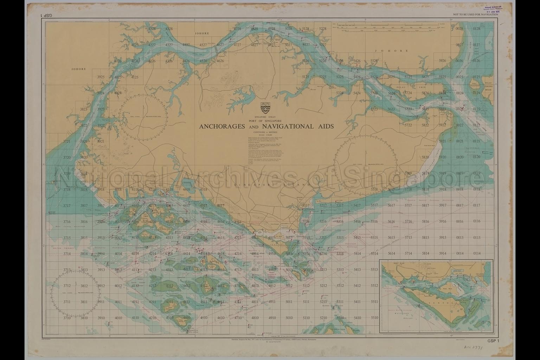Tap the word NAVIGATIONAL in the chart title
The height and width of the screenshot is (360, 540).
pyautogui.click(x=284, y=127)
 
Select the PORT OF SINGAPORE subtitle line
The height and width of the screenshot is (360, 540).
pyautogui.click(x=266, y=121)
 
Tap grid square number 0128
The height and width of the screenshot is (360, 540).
pyautogui.click(x=476, y=29)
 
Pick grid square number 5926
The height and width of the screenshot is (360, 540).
pyautogui.click(x=442, y=61)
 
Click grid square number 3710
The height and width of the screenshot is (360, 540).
pyautogui.click(x=67, y=318)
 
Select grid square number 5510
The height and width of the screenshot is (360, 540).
pyautogui.click(x=374, y=318)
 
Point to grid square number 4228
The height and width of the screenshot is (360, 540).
pyautogui.click(x=152, y=29)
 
